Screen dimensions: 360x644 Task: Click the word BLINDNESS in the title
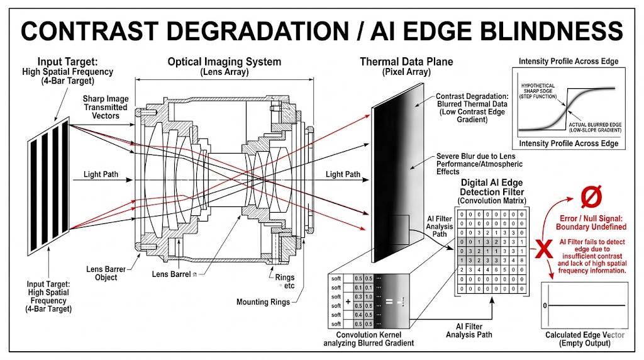point(539,30)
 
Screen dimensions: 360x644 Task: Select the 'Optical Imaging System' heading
point(224,62)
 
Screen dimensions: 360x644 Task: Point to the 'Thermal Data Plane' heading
point(406,62)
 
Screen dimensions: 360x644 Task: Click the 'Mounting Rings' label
point(263,302)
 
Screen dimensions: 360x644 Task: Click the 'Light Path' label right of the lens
point(343,174)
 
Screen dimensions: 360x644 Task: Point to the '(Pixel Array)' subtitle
point(406,72)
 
